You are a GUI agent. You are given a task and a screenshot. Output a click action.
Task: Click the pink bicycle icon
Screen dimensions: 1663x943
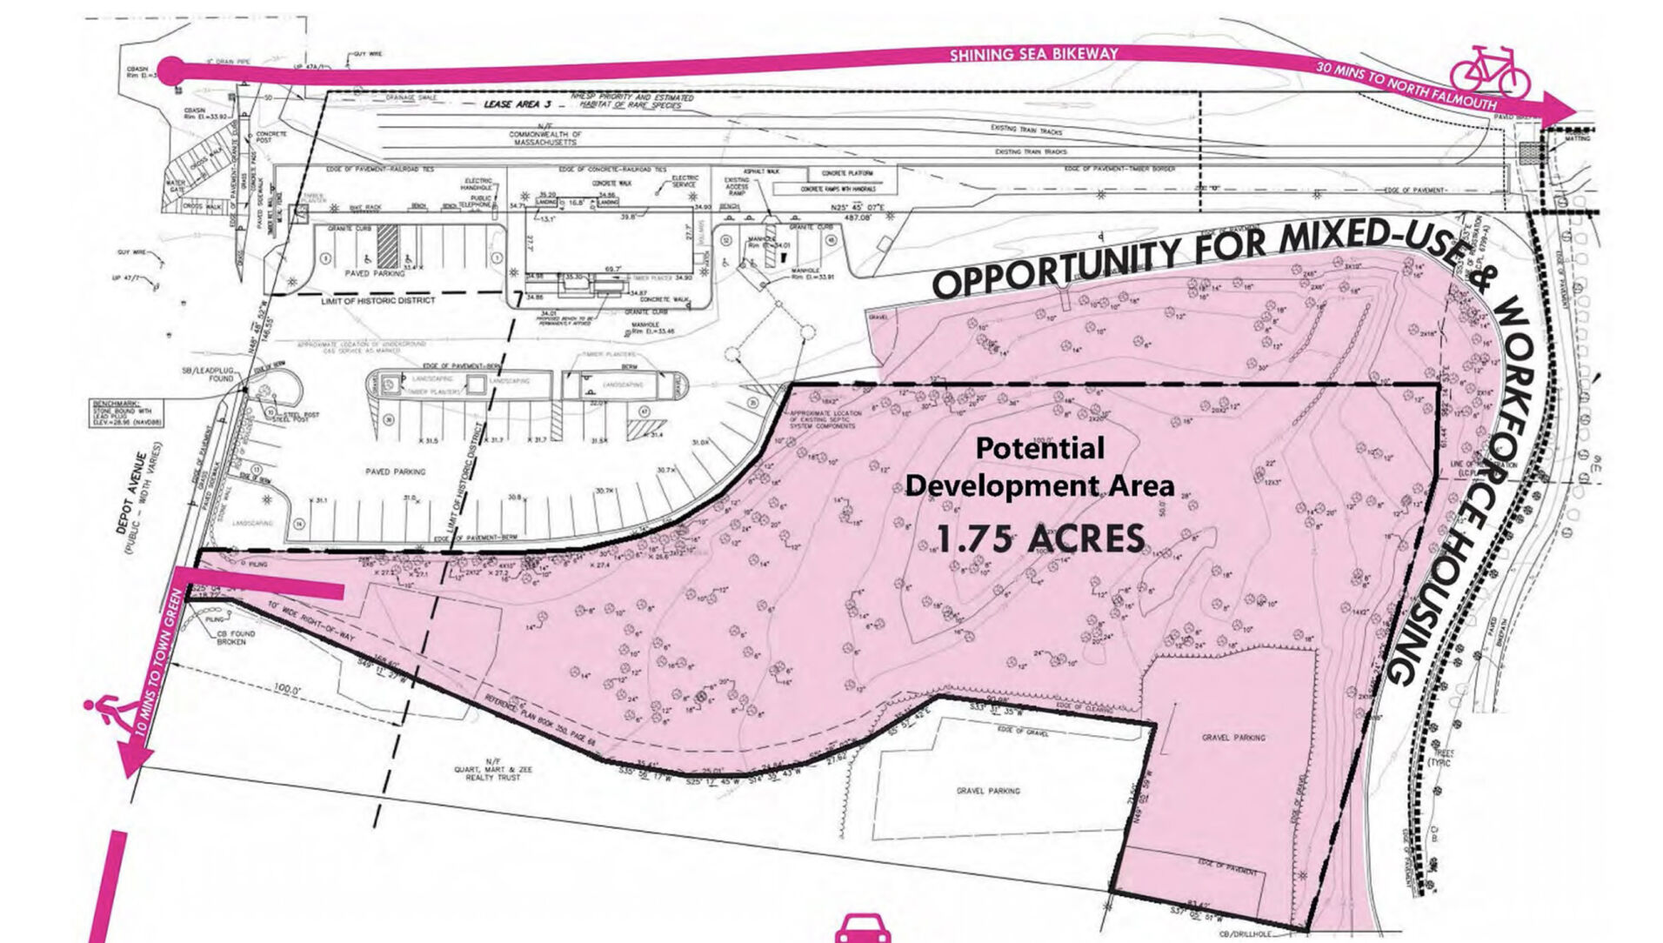1489,71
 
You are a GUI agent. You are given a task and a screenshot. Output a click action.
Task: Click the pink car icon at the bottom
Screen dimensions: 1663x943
862,930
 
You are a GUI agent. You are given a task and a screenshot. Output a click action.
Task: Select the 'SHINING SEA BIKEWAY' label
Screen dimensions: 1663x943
1032,55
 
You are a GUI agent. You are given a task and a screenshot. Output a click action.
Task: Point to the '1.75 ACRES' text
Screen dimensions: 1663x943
1040,539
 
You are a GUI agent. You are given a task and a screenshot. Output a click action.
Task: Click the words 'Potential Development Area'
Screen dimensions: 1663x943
1039,467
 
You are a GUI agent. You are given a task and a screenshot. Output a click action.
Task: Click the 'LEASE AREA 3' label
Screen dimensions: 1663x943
518,104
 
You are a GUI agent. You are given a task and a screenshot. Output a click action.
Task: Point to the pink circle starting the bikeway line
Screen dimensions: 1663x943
170,71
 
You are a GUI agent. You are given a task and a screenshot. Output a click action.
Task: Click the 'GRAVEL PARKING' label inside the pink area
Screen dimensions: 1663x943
1233,738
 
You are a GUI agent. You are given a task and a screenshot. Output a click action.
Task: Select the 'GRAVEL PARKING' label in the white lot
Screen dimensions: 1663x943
988,791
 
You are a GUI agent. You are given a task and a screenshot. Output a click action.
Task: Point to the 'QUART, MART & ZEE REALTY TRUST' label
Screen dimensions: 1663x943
493,772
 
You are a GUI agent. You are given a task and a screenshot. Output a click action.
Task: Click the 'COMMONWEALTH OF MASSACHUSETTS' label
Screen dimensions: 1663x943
545,138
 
